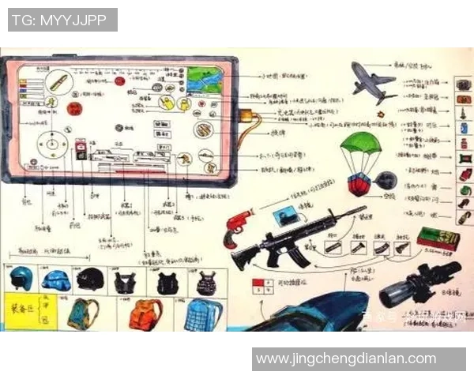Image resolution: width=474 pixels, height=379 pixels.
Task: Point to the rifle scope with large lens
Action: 419,283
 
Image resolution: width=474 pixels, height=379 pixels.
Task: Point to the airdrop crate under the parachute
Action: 359,184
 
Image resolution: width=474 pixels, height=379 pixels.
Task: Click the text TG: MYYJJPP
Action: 62,20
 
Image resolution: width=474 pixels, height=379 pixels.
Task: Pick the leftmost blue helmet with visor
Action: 21,279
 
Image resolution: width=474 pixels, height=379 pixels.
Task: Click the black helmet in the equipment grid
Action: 91,279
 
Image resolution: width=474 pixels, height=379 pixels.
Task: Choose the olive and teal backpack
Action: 82,314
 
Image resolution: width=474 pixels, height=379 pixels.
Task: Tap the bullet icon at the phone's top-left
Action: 58,81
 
